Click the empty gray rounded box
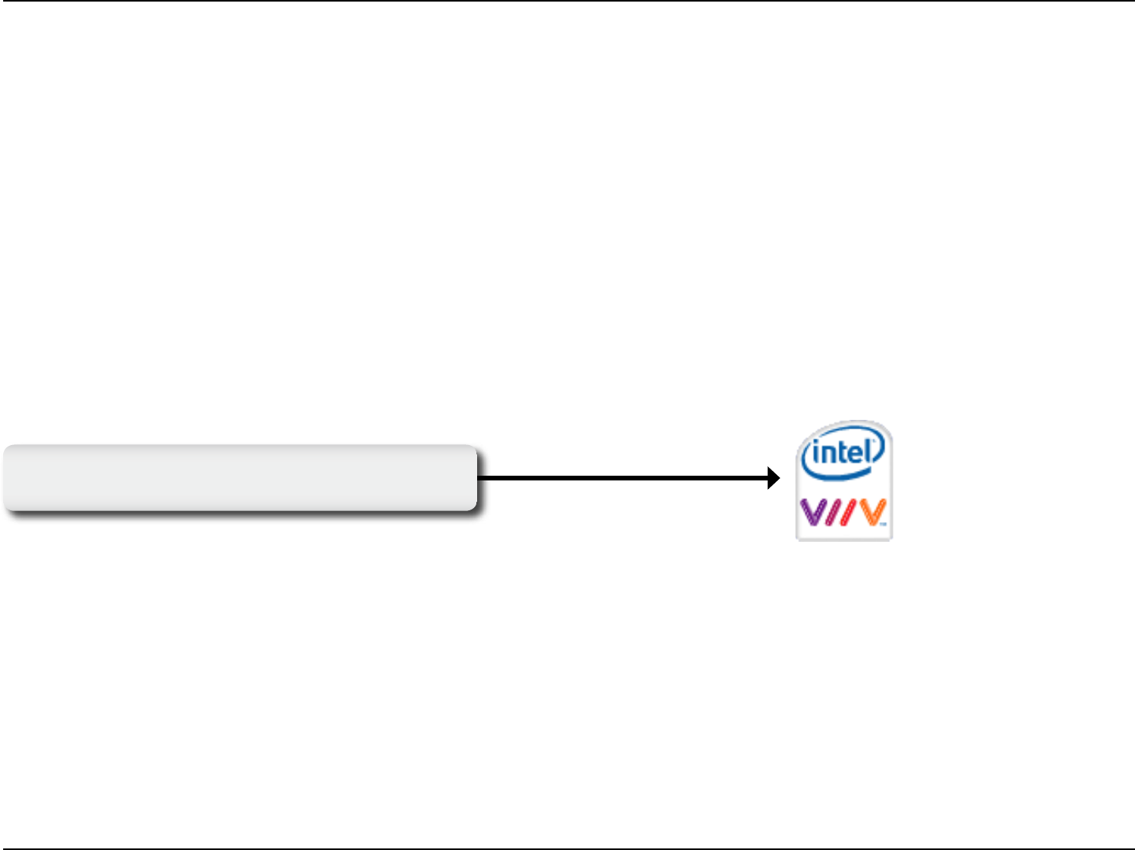(x=240, y=478)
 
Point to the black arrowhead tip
(x=779, y=478)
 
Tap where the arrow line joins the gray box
(x=478, y=478)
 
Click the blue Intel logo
(x=842, y=454)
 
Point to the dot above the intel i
(x=817, y=446)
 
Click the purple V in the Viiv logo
(x=814, y=513)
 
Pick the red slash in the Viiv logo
(x=847, y=513)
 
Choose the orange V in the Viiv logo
(x=869, y=513)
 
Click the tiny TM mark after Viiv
(x=883, y=523)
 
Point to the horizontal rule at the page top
(x=567, y=1)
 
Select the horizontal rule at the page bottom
(x=567, y=848)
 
